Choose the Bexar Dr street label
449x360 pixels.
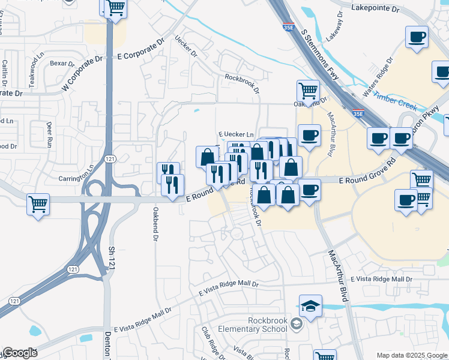(x=62, y=63)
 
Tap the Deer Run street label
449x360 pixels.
(x=50, y=134)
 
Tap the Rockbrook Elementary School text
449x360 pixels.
(x=259, y=325)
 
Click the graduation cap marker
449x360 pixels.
(x=310, y=307)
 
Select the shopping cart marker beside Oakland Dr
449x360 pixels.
(x=308, y=91)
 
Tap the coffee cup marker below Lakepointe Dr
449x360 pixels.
(x=417, y=37)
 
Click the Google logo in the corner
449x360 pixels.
(x=20, y=353)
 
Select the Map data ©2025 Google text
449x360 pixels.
(x=411, y=355)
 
